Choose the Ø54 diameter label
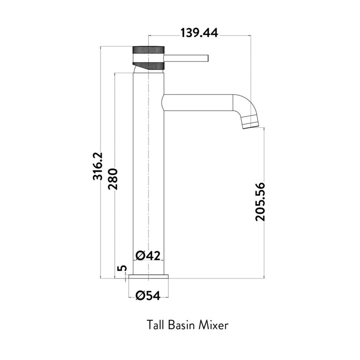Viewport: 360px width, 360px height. pos(148,296)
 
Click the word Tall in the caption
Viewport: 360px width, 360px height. pos(154,324)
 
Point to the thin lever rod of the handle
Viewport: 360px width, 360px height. pos(187,57)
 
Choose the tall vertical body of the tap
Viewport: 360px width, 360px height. pos(148,180)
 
